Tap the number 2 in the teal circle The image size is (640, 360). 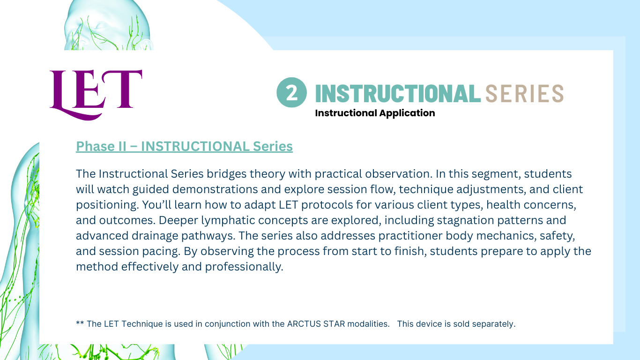(292, 93)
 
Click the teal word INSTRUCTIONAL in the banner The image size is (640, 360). (398, 93)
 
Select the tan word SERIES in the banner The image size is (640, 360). (525, 93)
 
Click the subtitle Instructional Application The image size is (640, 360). (375, 113)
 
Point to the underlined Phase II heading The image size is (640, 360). (184, 146)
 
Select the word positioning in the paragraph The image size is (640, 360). (107, 205)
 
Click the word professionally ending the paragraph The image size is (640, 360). (244, 267)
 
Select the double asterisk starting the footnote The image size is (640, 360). (80, 323)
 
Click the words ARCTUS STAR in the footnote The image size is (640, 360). (316, 324)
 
